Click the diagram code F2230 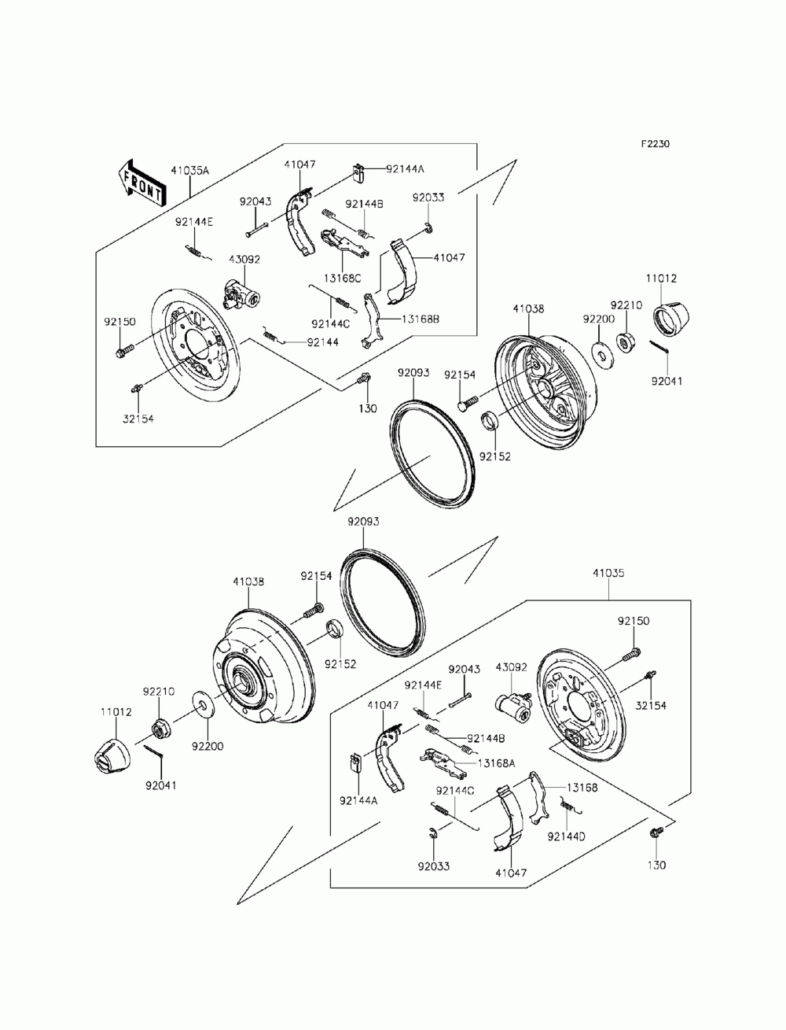coord(655,144)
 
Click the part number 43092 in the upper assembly coord(244,259)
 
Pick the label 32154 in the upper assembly coord(138,419)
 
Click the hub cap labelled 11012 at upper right coord(673,316)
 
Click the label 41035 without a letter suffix coord(608,574)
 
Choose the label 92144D coord(567,836)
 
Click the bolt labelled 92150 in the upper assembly coord(124,349)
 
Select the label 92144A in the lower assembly coord(358,800)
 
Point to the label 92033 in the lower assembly coord(434,866)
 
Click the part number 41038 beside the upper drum coord(528,309)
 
